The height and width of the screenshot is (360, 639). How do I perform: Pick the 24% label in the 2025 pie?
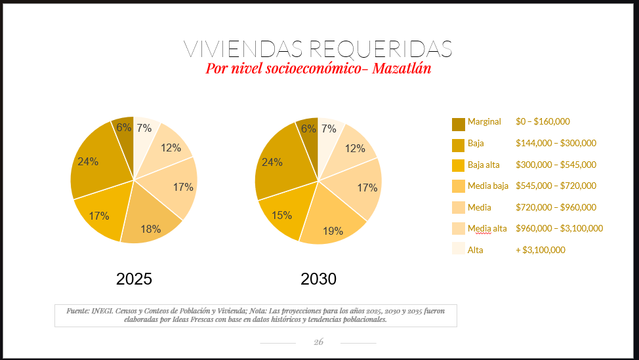[x=88, y=161]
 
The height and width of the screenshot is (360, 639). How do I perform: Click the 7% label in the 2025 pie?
[x=144, y=129]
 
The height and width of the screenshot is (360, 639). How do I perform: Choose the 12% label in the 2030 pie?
[x=355, y=149]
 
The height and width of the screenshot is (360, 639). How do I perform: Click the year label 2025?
[x=134, y=279]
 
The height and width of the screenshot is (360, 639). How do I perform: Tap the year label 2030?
[x=318, y=279]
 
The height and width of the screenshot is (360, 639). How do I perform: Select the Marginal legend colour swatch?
[x=458, y=124]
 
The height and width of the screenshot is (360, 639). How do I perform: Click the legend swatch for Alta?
[x=458, y=249]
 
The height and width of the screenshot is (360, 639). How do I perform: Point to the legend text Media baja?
[x=488, y=186]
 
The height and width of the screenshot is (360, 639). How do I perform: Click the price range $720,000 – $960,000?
[x=556, y=207]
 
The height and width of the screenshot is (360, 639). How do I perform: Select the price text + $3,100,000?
[x=541, y=250]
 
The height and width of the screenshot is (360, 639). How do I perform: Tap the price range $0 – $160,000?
[x=543, y=121]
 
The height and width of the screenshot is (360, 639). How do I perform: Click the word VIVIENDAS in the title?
[x=242, y=49]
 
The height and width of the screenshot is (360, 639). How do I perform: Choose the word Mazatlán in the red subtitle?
[x=402, y=68]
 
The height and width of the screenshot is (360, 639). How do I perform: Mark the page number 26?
[x=319, y=342]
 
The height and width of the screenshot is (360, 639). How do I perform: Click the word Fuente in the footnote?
[x=77, y=310]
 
